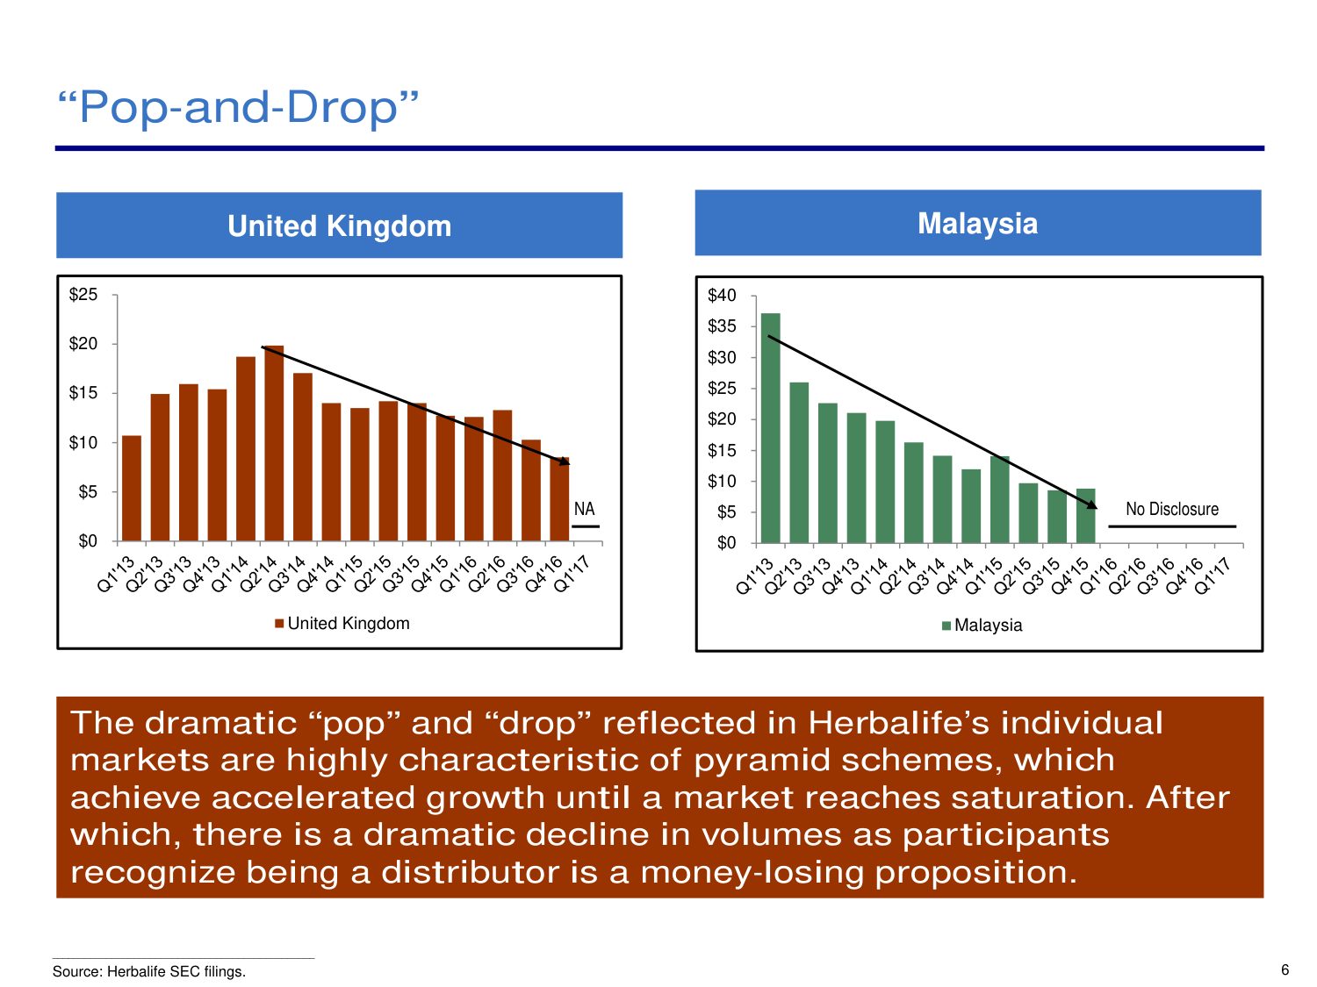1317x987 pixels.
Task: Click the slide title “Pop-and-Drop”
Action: tap(238, 107)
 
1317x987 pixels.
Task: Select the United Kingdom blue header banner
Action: tap(339, 225)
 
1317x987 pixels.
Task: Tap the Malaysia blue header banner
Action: tap(977, 223)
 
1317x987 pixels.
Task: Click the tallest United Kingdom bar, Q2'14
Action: tap(274, 443)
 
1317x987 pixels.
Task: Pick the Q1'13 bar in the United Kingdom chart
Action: tap(132, 488)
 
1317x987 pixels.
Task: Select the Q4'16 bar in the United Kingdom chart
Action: tap(559, 498)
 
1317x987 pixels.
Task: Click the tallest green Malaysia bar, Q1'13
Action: tap(771, 428)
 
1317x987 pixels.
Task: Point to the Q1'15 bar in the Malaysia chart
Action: tap(999, 499)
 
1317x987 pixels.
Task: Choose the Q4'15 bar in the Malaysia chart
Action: tap(1085, 516)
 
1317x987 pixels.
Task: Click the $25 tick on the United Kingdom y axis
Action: tap(83, 295)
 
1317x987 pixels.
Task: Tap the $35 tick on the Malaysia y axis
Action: tap(722, 326)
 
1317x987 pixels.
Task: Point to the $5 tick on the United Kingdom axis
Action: tap(87, 492)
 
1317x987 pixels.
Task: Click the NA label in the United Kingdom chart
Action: tap(584, 509)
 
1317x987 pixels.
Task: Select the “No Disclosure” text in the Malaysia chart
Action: tap(1172, 509)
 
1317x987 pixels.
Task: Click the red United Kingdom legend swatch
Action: tap(279, 624)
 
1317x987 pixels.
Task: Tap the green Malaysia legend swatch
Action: tap(946, 626)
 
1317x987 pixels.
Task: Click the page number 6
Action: tap(1285, 969)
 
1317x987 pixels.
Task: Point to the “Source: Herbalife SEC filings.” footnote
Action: tap(149, 971)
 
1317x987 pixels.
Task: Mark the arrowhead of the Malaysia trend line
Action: tap(1092, 505)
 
